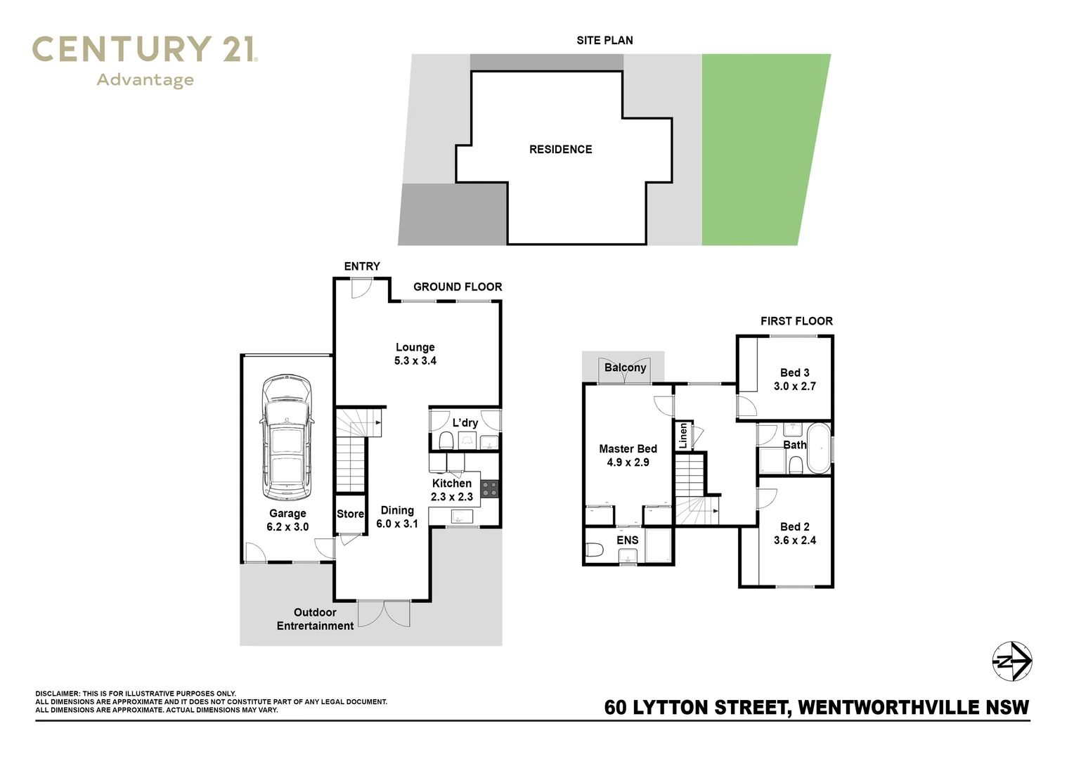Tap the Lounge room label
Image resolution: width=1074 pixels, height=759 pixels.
point(415,347)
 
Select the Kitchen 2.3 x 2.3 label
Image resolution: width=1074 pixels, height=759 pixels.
point(451,490)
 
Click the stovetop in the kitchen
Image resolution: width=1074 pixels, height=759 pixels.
point(490,488)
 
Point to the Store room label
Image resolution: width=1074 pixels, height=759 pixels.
point(350,514)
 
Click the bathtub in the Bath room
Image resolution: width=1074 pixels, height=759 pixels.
point(818,448)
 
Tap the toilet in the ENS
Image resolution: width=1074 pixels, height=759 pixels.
point(594,550)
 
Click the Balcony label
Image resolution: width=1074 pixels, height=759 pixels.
point(625,368)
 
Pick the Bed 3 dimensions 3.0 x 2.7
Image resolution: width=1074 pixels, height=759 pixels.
point(794,387)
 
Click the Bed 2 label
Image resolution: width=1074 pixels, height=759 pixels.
point(794,526)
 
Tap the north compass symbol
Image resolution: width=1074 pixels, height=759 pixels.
point(1011,661)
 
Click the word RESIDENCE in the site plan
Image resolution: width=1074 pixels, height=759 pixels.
point(560,149)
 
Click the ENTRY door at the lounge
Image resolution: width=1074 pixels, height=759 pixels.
point(361,287)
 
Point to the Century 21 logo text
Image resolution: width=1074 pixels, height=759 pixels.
point(145,51)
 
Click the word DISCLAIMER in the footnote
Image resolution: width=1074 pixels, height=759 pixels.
point(57,694)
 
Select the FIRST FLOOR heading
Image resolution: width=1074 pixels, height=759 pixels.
point(796,321)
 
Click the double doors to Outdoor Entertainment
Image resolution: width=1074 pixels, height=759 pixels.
point(384,613)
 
